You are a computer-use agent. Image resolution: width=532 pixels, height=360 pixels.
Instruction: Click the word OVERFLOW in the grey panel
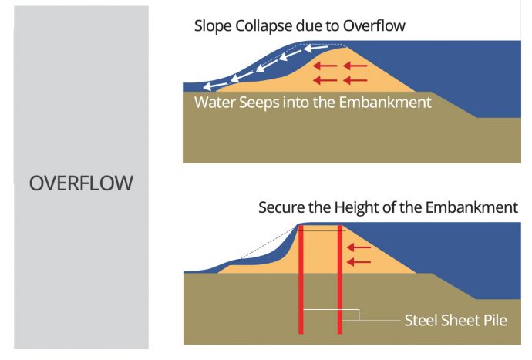click(x=81, y=184)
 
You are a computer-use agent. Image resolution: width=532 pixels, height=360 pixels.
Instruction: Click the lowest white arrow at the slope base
click(x=205, y=88)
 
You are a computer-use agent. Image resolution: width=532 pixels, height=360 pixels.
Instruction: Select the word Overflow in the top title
click(x=375, y=26)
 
